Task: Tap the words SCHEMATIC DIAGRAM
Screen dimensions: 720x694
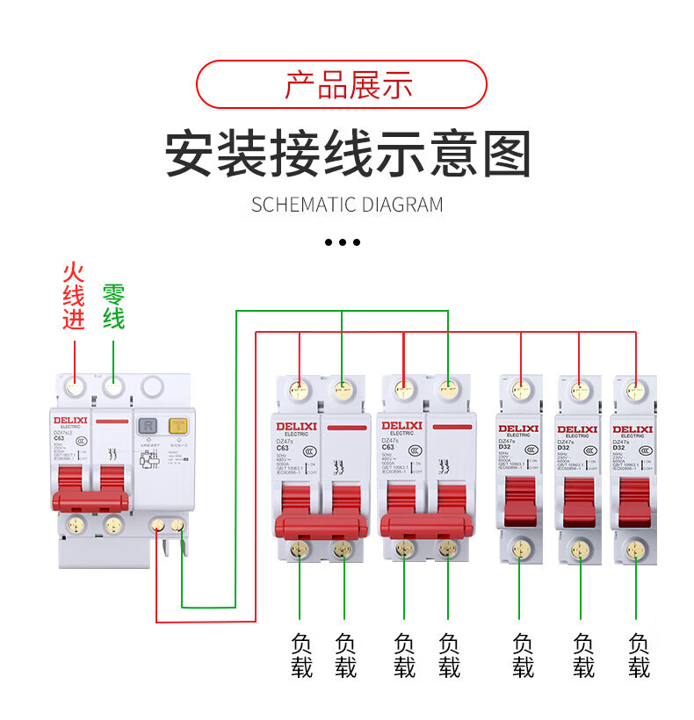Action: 347,205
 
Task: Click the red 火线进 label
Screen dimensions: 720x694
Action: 74,295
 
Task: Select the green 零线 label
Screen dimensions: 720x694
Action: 114,306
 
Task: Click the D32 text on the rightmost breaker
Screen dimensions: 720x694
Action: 618,447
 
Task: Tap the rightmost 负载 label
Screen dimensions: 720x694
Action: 640,656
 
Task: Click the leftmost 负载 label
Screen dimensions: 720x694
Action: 301,656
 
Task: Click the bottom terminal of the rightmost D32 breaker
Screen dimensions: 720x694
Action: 634,550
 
